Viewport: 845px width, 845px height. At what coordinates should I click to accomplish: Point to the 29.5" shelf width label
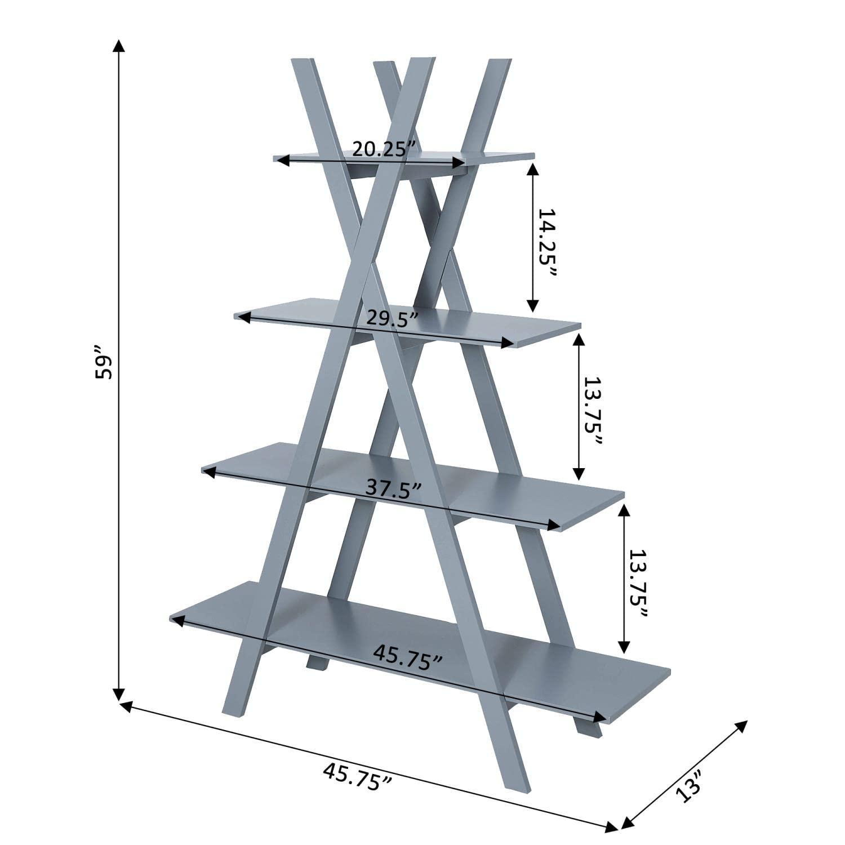click(x=392, y=318)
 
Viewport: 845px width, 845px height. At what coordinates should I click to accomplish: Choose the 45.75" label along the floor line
click(x=357, y=777)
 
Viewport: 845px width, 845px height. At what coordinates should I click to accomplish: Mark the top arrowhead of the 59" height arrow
click(x=118, y=45)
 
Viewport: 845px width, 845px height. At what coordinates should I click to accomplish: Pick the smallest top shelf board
click(x=496, y=158)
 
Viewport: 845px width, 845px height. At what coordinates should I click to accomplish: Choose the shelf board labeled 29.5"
click(x=541, y=330)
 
